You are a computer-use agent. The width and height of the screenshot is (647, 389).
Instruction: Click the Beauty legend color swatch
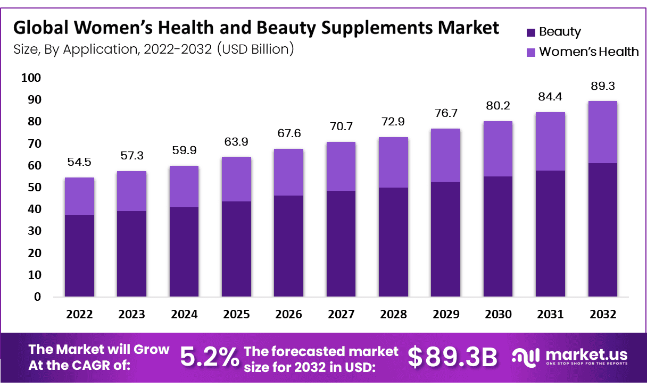530,32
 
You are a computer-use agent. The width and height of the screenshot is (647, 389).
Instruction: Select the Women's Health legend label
588,52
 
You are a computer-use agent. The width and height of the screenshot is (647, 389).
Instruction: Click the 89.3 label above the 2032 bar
602,86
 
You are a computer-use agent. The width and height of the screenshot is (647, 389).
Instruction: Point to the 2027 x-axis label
341,314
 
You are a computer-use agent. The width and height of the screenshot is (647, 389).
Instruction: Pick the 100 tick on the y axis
31,78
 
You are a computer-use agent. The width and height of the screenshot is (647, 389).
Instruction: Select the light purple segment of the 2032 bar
602,132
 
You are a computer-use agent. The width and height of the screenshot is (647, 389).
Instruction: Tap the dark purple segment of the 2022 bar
79,256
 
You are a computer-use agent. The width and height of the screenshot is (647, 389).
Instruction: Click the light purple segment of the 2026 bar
288,172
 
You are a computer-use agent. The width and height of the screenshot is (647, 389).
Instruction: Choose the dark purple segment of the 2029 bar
445,239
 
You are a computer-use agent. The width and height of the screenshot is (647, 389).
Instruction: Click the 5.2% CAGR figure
209,357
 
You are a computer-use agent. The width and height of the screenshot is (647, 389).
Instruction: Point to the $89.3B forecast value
452,357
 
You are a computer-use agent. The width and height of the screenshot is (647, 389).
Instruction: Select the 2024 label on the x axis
184,314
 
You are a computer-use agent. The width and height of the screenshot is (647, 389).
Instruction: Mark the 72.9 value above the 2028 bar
393,122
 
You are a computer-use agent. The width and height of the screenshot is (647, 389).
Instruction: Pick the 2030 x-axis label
498,314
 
